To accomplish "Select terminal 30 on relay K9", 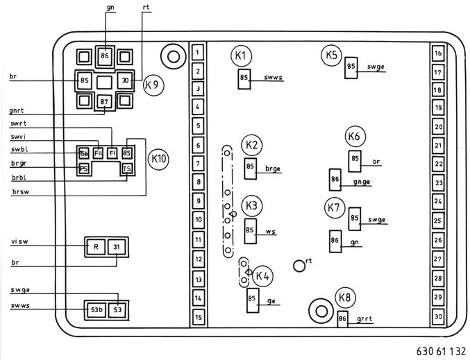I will (x=125, y=80).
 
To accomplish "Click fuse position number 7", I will (x=198, y=163).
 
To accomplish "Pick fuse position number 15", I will (x=198, y=318).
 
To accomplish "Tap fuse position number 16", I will (x=438, y=53).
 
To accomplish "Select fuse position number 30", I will (x=438, y=316).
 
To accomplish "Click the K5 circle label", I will (x=331, y=55).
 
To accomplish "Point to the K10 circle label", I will (x=159, y=159).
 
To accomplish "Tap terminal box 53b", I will (x=94, y=308).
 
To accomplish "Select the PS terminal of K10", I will (x=84, y=169).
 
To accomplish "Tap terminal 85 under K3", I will (x=251, y=230).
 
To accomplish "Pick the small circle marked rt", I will (x=299, y=264).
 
